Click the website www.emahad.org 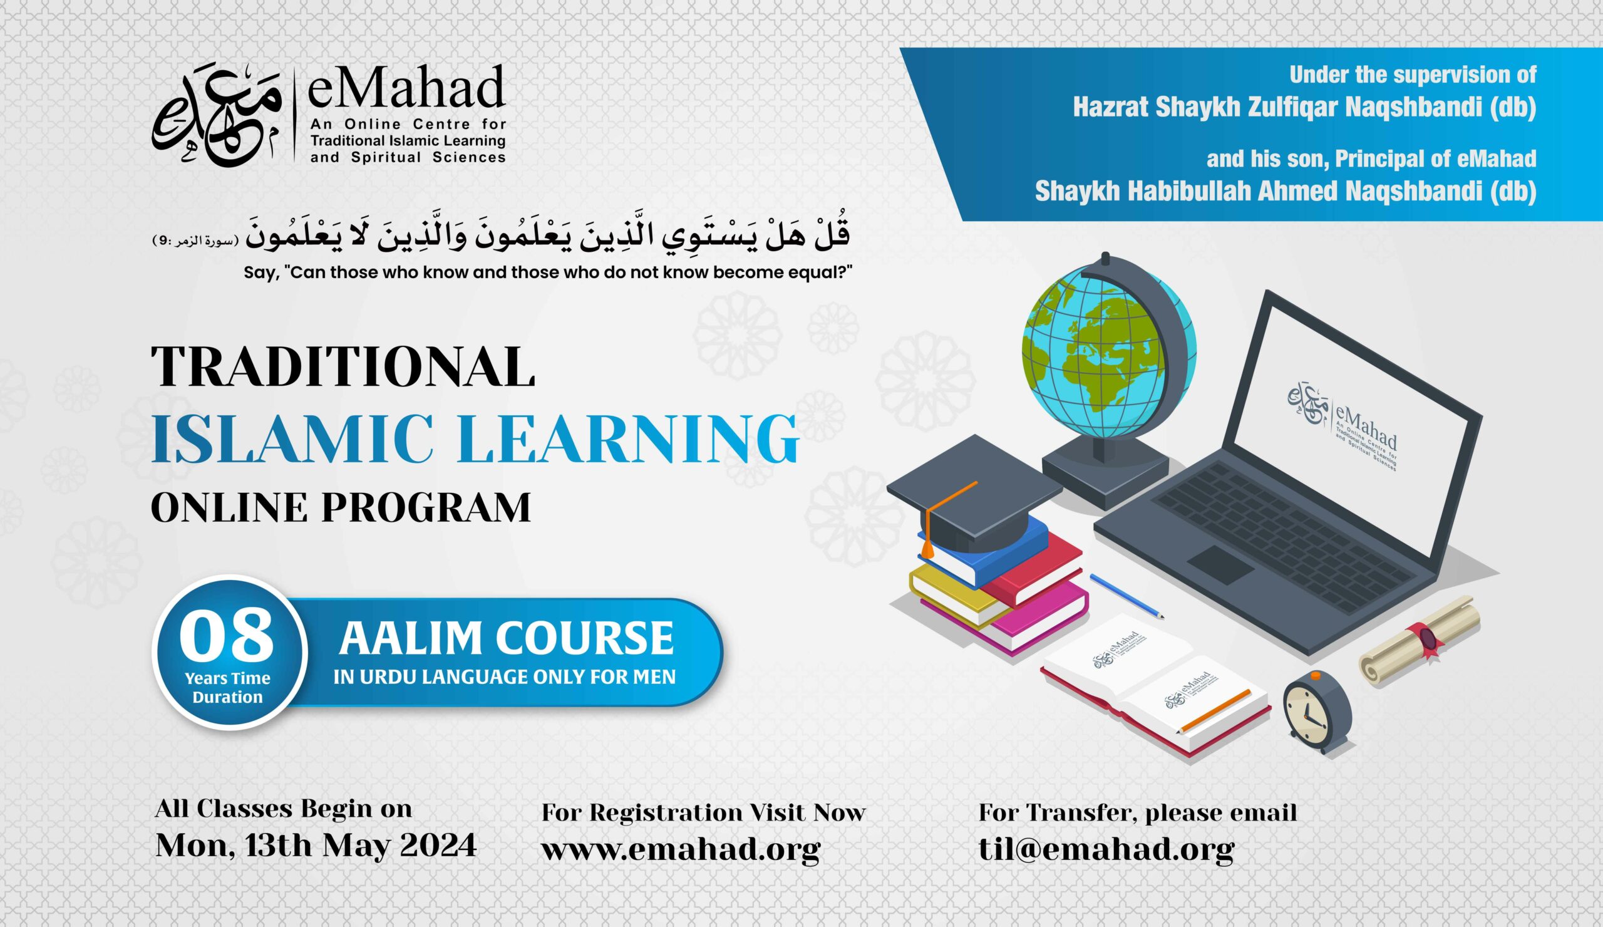click(x=681, y=849)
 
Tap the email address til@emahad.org click(x=1106, y=849)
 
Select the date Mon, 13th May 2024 click(x=316, y=846)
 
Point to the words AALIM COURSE click(x=507, y=638)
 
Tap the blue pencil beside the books click(x=1126, y=596)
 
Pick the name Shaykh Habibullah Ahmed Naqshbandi click(x=1285, y=192)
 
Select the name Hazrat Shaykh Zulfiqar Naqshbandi click(x=1304, y=108)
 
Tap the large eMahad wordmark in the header click(x=406, y=89)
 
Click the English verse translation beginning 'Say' click(x=548, y=273)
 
